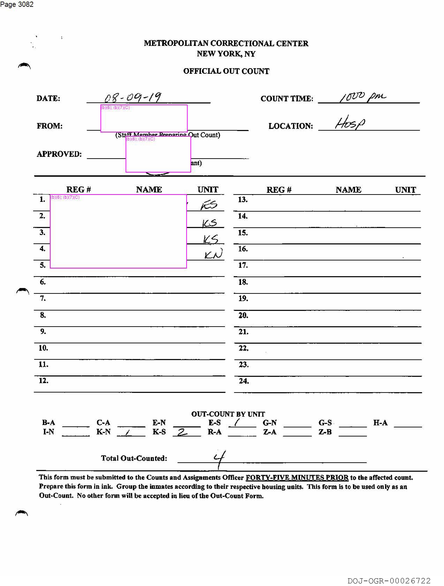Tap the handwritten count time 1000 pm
tap(363, 97)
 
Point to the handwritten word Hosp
tap(350, 123)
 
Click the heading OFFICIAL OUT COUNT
tap(226, 71)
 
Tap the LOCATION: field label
tap(290, 126)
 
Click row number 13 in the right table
tap(243, 199)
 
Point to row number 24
tap(244, 381)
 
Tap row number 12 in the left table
tap(43, 381)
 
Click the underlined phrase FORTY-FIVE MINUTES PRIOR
tap(297, 477)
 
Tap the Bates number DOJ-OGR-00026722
tap(389, 581)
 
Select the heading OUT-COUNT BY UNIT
tap(228, 414)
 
